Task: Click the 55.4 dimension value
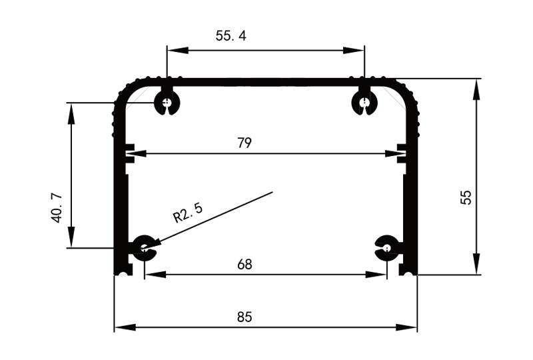point(231,36)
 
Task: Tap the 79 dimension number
point(244,143)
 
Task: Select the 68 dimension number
point(245,264)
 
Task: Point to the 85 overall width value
point(245,317)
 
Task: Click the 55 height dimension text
point(466,197)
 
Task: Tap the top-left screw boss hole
point(165,103)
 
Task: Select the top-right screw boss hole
point(364,103)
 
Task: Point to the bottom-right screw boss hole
point(387,248)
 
